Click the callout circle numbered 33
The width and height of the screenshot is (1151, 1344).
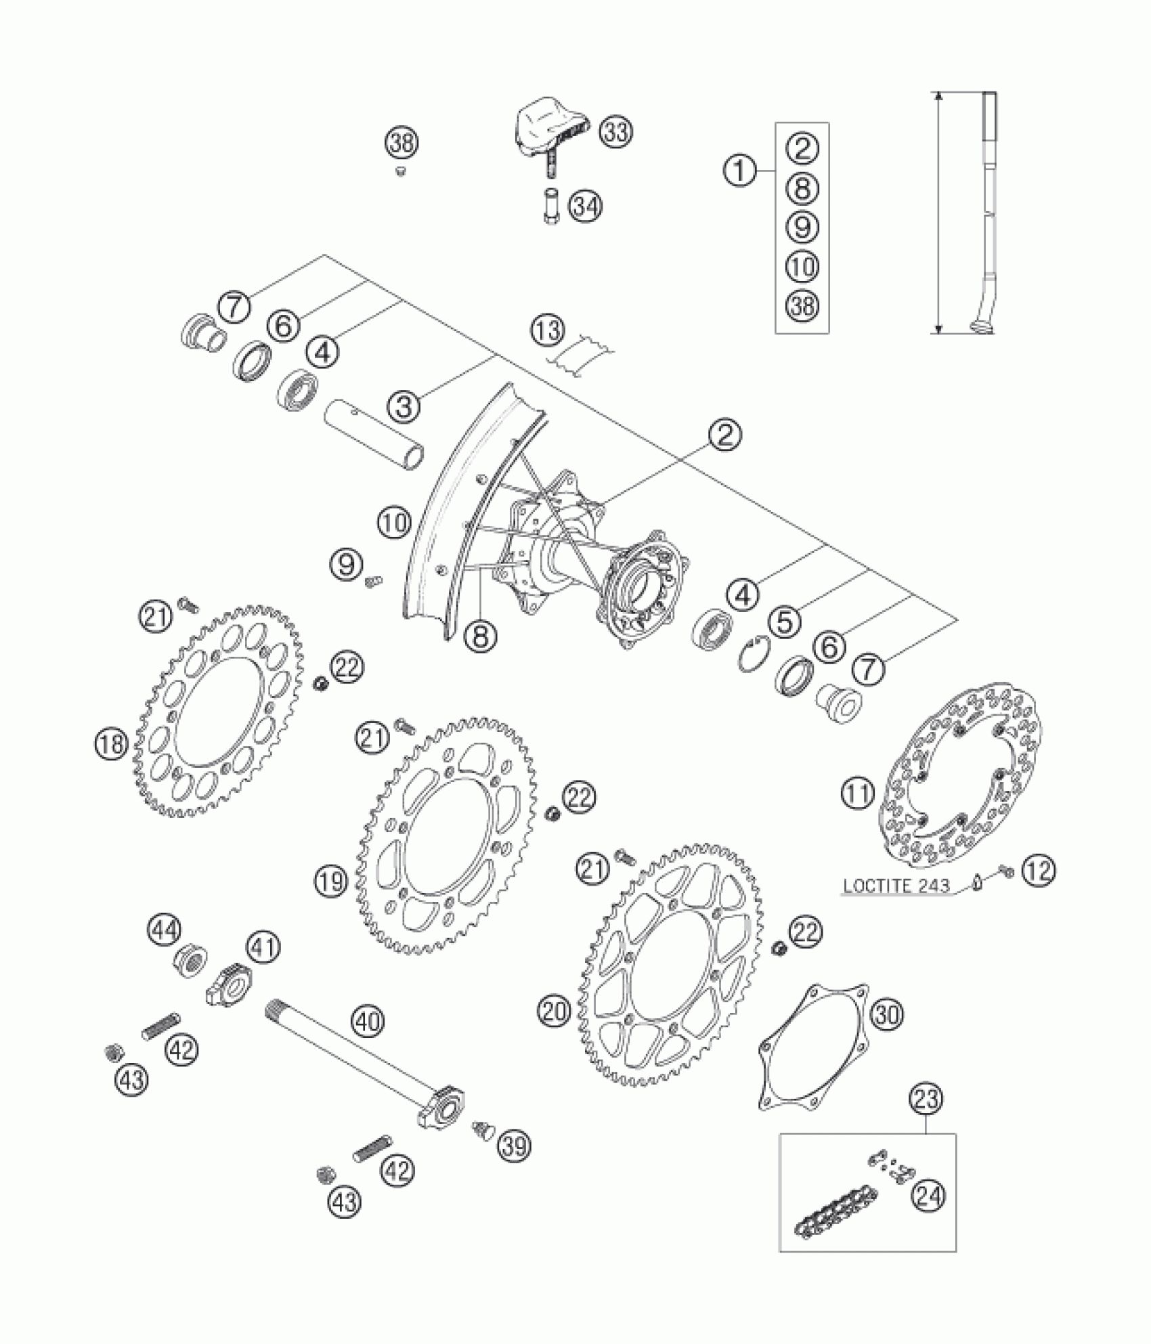pyautogui.click(x=615, y=133)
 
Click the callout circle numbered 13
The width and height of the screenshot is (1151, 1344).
pyautogui.click(x=547, y=331)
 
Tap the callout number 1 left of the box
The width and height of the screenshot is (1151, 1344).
pyautogui.click(x=741, y=169)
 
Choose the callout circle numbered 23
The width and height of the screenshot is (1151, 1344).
pyautogui.click(x=927, y=1099)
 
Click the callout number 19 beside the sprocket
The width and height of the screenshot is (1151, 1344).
pyautogui.click(x=330, y=881)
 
